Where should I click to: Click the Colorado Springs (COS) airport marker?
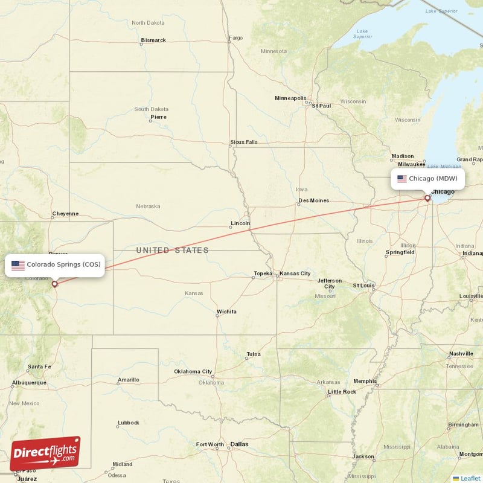[x=55, y=284]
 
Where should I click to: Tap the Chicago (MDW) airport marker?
[x=427, y=198]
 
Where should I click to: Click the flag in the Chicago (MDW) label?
[x=402, y=179]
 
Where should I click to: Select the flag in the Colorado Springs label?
[x=18, y=265]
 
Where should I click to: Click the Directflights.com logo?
[x=45, y=453]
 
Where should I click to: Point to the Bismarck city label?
[x=153, y=40]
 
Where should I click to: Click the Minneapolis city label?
[x=291, y=98]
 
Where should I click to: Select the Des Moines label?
[x=313, y=200]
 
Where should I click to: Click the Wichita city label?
[x=226, y=312]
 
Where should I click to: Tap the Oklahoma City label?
[x=193, y=371]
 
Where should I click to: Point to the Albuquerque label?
[x=28, y=382]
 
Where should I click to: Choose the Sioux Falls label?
[x=243, y=142]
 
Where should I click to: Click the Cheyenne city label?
[x=65, y=213]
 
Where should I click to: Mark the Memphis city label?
[x=365, y=381]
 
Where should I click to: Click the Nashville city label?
[x=461, y=354]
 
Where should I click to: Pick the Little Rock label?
[x=341, y=392]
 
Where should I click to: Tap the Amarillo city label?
[x=128, y=380]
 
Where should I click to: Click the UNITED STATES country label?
[x=172, y=250]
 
